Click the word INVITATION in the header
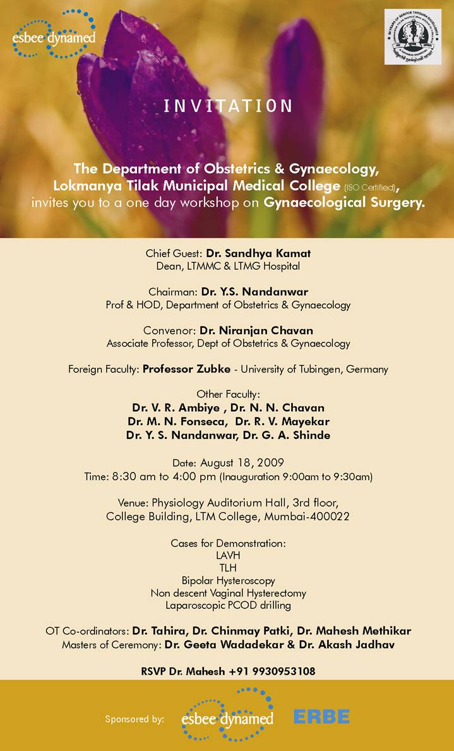click(228, 105)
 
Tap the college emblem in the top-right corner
click(413, 36)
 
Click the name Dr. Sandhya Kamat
click(258, 253)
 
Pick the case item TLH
click(228, 567)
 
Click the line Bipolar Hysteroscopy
click(228, 580)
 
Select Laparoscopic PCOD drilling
click(228, 605)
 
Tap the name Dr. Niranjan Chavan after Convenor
click(256, 330)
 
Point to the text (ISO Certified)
click(370, 188)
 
